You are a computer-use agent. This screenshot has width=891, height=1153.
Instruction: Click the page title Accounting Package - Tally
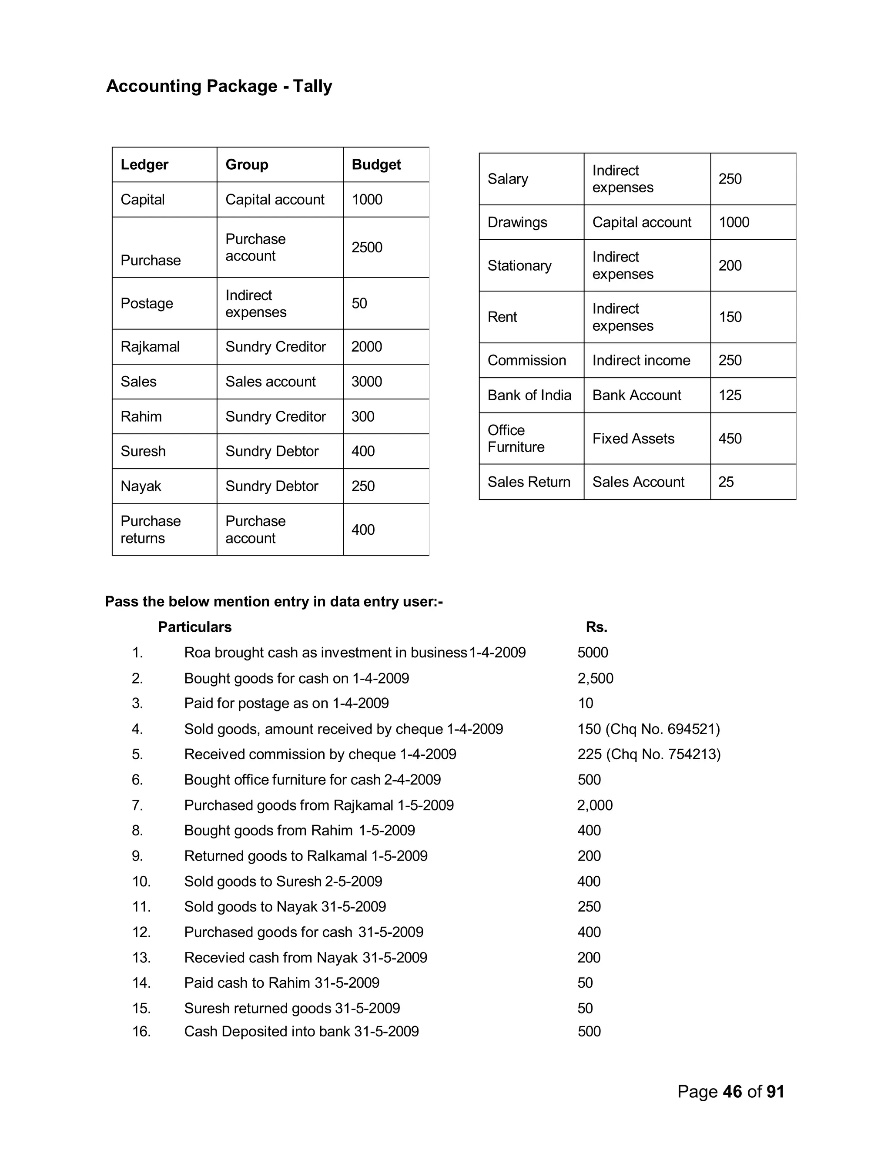tap(219, 86)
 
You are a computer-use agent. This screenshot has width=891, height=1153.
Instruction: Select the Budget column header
tap(376, 165)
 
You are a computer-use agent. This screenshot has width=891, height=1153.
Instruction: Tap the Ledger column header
tap(144, 165)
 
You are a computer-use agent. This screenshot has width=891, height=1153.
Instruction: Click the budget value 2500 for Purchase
tap(367, 247)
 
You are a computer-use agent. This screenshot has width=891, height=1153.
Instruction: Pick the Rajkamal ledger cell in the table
tap(150, 347)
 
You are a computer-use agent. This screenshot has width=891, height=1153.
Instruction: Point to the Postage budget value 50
tap(359, 304)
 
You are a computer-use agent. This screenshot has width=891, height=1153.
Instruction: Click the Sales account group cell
tap(270, 382)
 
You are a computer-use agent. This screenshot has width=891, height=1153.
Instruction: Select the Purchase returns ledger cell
tap(151, 530)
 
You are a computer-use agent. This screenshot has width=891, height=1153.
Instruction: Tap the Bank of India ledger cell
tap(529, 396)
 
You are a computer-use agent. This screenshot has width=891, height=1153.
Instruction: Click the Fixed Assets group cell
tap(633, 439)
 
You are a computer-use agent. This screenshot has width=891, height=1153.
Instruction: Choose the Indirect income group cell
tap(641, 361)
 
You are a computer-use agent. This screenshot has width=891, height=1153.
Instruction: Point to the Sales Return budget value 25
tap(726, 482)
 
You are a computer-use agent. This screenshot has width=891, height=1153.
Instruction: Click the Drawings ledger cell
tap(517, 222)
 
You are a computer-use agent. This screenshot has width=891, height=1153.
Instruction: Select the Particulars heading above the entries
tap(195, 627)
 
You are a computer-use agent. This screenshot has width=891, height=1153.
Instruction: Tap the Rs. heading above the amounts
tap(596, 627)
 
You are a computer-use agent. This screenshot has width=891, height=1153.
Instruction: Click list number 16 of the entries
tap(141, 1032)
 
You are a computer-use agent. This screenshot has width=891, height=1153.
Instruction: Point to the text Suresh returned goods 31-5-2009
tap(292, 1009)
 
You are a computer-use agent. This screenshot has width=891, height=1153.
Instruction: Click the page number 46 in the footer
tap(732, 1092)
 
